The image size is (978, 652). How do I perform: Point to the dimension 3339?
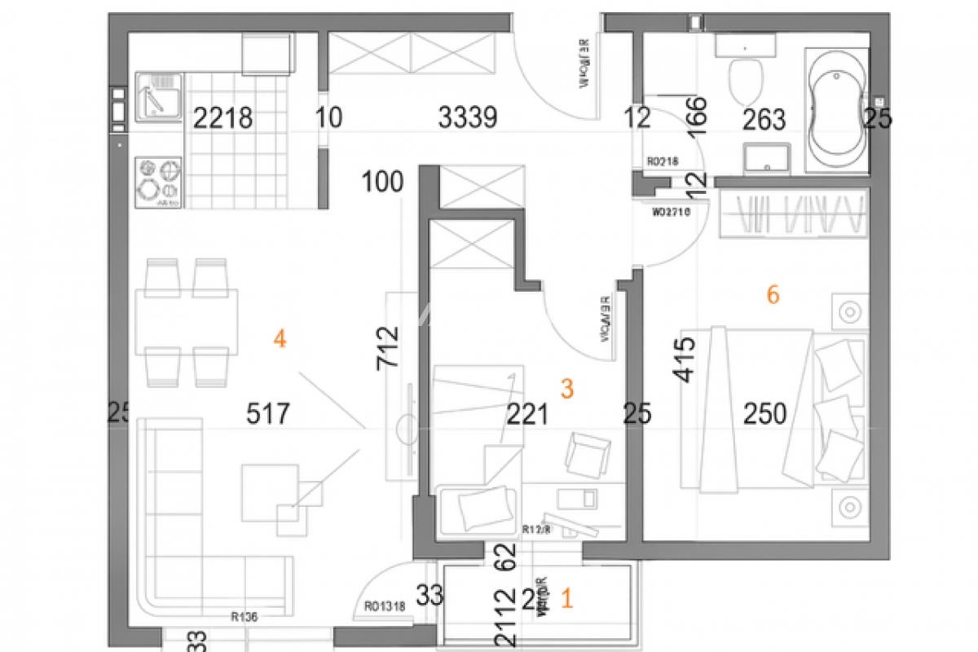tap(467, 119)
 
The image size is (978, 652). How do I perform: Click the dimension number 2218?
tap(223, 119)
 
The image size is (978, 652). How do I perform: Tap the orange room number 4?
tap(280, 338)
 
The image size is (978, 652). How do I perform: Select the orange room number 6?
tap(773, 294)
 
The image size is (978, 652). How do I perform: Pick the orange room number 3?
tap(568, 390)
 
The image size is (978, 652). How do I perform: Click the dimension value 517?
tap(268, 414)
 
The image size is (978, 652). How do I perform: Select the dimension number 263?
tap(764, 120)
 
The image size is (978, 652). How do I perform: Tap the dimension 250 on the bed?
tap(765, 414)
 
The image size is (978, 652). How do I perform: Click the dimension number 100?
tap(384, 181)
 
